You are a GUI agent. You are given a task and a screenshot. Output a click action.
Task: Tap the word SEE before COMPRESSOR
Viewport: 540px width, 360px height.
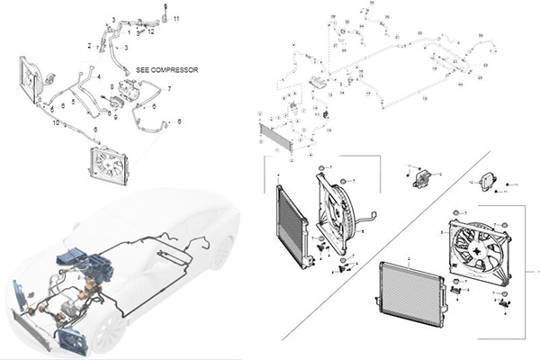[x=144, y=69]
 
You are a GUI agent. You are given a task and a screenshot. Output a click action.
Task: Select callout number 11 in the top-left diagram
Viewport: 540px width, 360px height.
[x=176, y=19]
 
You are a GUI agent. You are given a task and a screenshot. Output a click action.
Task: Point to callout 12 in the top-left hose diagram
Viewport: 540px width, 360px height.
[x=152, y=31]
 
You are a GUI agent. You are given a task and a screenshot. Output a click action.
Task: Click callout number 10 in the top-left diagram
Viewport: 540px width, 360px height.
[x=56, y=121]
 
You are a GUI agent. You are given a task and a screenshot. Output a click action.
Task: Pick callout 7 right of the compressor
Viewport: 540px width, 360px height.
[x=169, y=89]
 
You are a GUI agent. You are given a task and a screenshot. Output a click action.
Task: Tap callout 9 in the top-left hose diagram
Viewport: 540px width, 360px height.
[x=117, y=116]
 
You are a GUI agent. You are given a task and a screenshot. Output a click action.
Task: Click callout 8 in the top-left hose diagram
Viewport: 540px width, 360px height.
[x=111, y=85]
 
